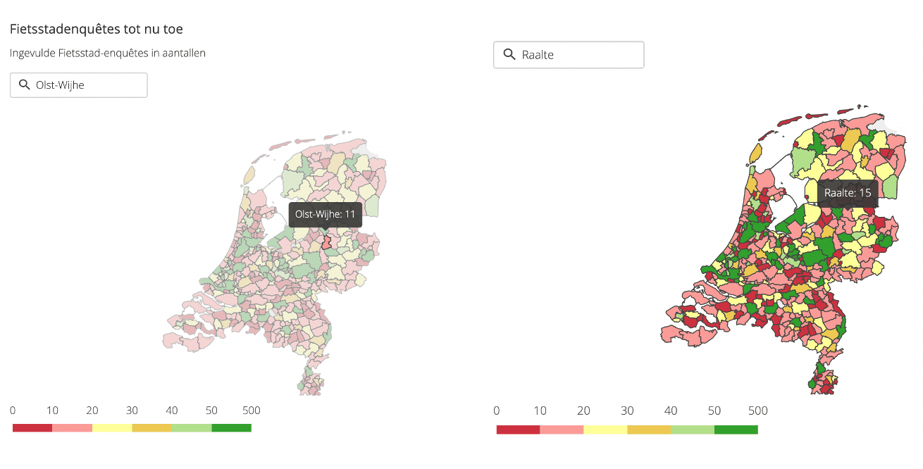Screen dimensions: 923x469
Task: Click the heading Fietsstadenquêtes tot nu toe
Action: [x=97, y=30]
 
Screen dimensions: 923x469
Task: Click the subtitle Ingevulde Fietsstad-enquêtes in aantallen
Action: [x=108, y=53]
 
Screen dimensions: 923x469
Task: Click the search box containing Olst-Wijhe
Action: [x=79, y=85]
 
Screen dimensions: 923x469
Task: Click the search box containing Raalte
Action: [x=569, y=55]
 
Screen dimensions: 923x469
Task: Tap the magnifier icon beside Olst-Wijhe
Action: [x=25, y=85]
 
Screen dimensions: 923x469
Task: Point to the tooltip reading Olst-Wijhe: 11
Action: [x=325, y=214]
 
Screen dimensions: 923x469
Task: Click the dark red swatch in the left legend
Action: [x=32, y=427]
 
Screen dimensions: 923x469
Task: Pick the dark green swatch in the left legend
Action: [x=231, y=427]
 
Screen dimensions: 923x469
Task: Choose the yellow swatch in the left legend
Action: [x=112, y=427]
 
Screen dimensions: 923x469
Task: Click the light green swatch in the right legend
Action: [x=692, y=430]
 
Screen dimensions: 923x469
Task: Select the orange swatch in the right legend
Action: [x=648, y=430]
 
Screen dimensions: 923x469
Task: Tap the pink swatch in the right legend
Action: [x=562, y=430]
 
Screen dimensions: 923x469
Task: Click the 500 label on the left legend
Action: [x=251, y=411]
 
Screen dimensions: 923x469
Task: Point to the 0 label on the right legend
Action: [x=497, y=411]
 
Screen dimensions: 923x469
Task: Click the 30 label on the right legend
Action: [x=627, y=411]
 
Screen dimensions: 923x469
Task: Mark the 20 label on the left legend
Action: [x=92, y=411]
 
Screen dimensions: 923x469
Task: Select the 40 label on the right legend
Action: [x=671, y=411]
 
